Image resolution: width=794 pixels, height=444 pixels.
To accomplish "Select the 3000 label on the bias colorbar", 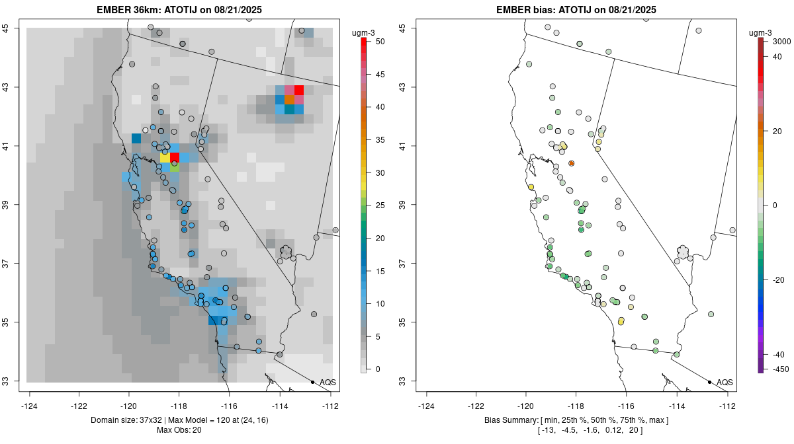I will point(781,41).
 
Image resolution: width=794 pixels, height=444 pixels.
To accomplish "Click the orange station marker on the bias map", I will point(571,163).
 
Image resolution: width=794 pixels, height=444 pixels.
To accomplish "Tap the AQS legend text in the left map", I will point(328,382).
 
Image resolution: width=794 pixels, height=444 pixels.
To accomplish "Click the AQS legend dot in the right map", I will point(709,382).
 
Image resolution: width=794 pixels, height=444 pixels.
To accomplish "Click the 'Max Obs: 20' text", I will point(179,430).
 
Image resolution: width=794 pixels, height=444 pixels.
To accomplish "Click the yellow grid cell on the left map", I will point(165,157).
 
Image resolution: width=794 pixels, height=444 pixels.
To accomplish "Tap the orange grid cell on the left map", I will point(289,99).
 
